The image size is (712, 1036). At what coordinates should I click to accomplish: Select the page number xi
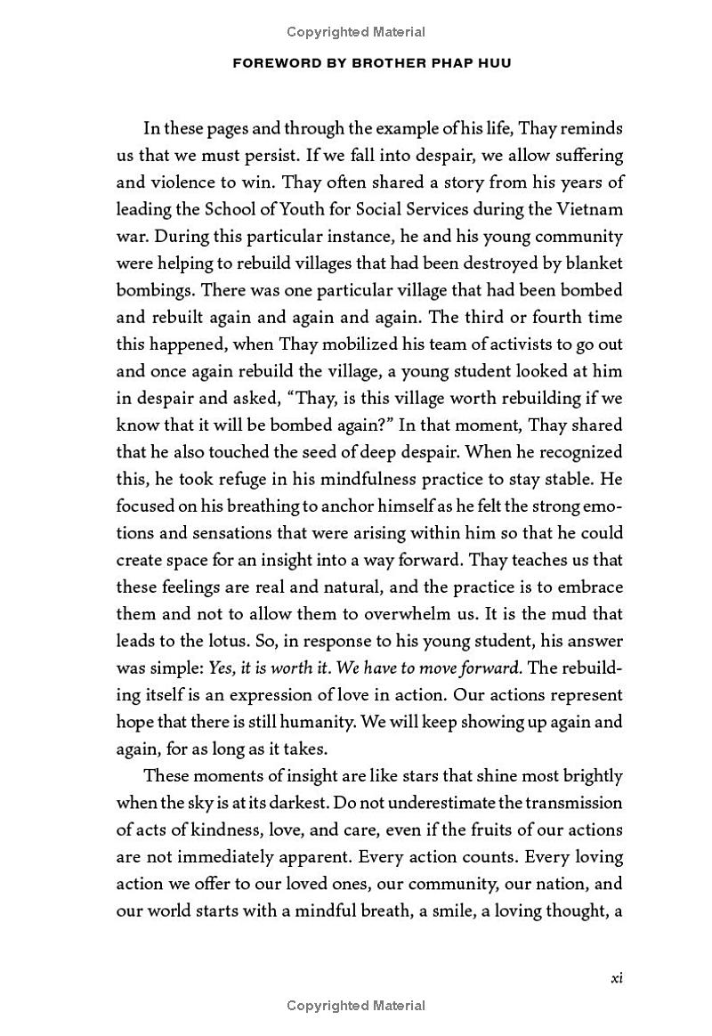pyautogui.click(x=616, y=977)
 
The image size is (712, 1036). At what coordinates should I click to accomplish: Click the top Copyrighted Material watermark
pyautogui.click(x=356, y=32)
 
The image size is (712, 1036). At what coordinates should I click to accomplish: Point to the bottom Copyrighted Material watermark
pyautogui.click(x=356, y=1006)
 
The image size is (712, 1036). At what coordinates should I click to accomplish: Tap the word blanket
pyautogui.click(x=594, y=263)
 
